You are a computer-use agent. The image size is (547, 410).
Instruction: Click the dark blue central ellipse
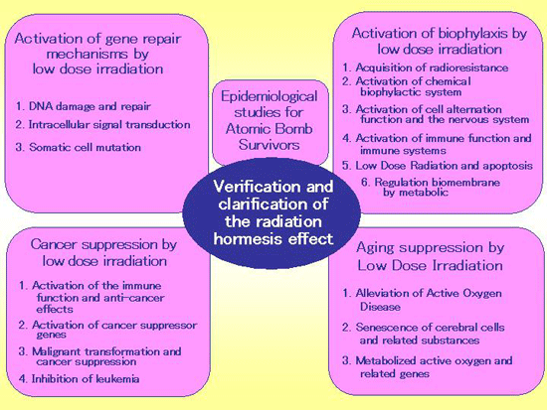coord(272,213)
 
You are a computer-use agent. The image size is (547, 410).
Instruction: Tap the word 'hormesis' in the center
coord(246,239)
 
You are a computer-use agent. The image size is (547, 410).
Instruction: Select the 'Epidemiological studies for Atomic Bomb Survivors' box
coord(271,122)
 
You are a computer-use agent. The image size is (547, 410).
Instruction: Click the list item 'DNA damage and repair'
coord(84,106)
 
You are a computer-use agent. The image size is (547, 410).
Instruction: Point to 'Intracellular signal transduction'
coord(102,125)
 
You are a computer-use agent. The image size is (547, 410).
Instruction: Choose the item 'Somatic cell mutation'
coord(79,147)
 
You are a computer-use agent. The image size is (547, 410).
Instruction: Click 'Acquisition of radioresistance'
coord(426,68)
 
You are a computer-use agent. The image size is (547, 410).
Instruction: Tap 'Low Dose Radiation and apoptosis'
coord(438,166)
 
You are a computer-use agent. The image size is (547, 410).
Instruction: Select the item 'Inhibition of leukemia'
coord(80,378)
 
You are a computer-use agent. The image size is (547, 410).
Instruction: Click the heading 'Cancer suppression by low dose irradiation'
coord(104,252)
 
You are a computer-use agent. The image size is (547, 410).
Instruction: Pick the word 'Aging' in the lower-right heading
coord(374,248)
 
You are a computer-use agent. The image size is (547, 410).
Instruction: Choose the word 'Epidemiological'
coord(270,97)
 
